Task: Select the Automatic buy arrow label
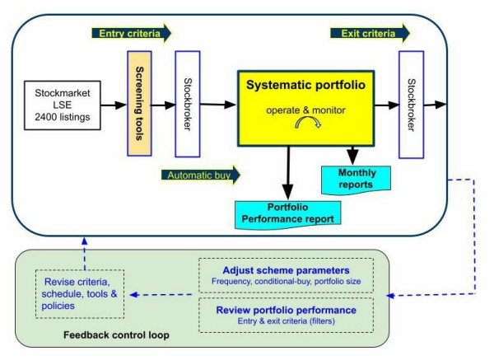[x=201, y=175]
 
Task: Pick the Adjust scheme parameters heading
[x=285, y=270]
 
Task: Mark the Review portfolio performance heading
[x=285, y=309]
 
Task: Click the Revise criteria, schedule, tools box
[x=80, y=294]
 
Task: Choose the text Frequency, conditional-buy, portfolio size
[x=285, y=282]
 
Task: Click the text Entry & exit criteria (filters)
[x=285, y=320]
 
